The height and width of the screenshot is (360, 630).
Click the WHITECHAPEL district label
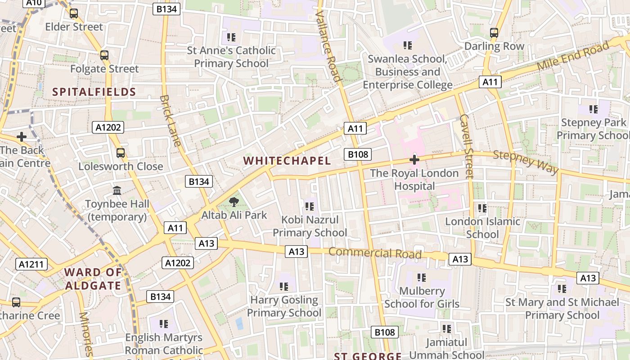287,161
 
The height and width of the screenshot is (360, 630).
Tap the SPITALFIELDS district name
94,92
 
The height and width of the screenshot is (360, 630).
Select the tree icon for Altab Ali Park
234,202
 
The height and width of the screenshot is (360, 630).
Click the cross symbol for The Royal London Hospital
414,159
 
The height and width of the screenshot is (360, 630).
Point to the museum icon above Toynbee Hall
117,190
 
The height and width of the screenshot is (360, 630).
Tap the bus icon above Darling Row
494,32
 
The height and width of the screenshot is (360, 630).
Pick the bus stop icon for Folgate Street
104,55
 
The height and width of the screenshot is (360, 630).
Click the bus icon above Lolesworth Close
120,153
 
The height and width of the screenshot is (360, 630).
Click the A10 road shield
34,3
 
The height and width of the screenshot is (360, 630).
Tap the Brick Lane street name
171,121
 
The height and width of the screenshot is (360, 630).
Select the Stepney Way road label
526,162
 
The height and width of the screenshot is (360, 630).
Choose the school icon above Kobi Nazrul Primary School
309,207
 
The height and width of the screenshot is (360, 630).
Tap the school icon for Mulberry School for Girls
422,278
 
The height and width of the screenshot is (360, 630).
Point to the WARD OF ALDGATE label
93,279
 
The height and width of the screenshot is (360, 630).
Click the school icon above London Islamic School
482,208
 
